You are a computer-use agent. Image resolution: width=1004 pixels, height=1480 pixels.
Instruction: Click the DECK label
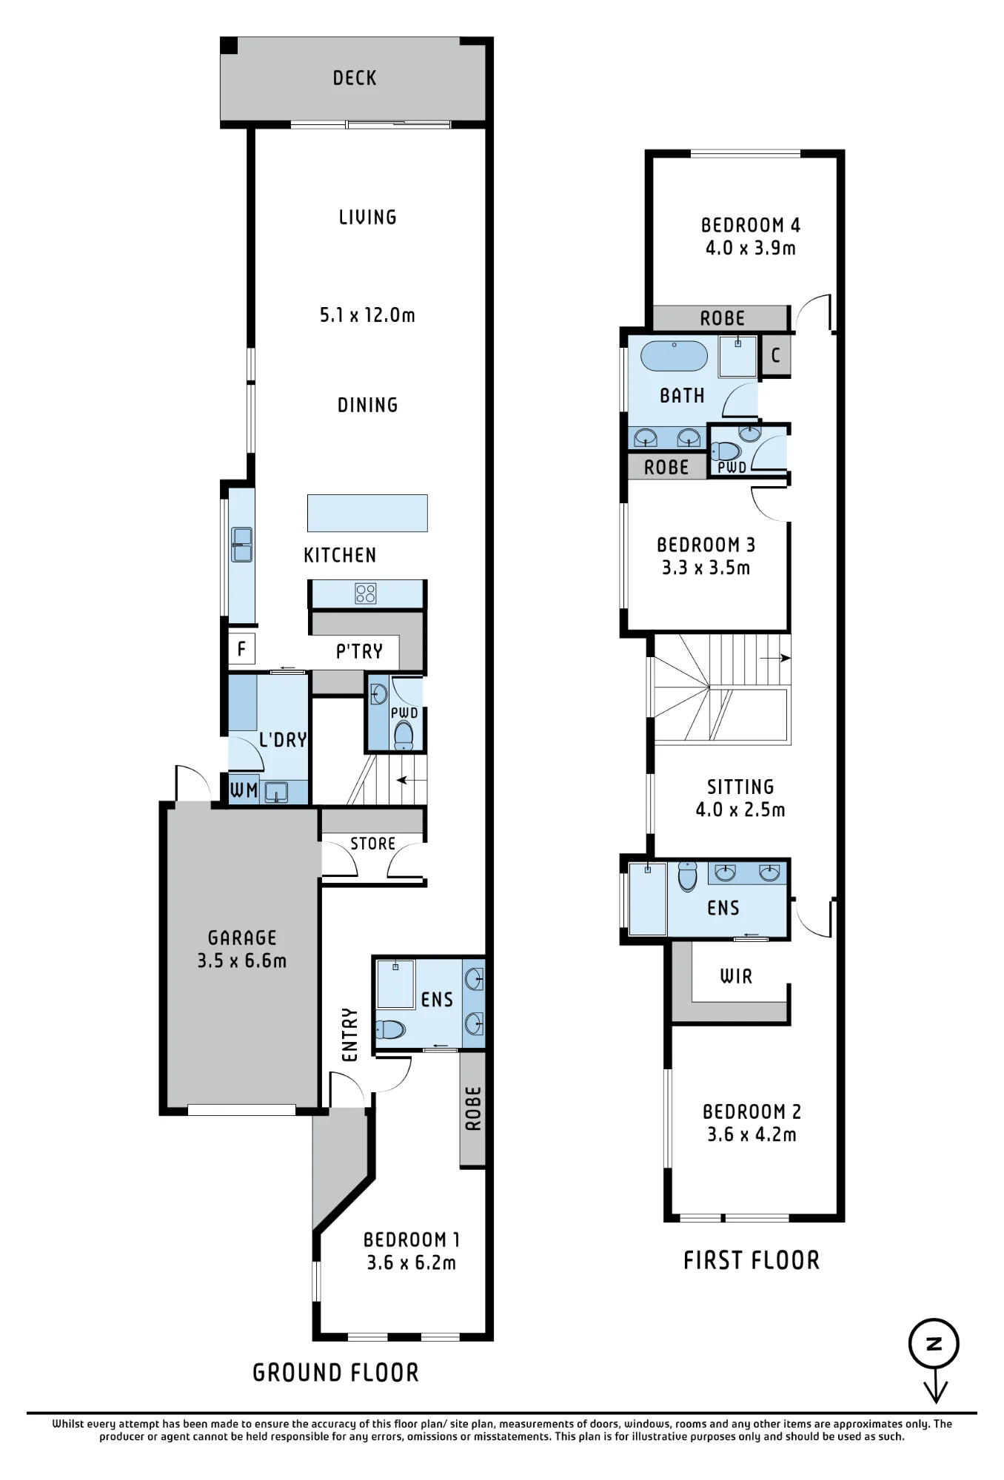coord(355,78)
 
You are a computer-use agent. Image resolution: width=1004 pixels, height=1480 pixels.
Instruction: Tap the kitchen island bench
coord(367,513)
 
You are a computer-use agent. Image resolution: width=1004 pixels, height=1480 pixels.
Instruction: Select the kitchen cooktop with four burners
coord(366,593)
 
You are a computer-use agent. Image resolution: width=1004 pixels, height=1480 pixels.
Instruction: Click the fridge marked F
coord(241,649)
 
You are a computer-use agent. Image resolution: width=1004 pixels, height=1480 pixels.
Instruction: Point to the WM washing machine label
coord(244,790)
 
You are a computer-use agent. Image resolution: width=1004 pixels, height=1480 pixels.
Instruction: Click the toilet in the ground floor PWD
coord(404,736)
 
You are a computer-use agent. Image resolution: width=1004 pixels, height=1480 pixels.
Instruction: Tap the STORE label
coord(373,844)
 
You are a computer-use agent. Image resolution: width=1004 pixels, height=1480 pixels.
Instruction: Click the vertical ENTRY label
coord(350,1034)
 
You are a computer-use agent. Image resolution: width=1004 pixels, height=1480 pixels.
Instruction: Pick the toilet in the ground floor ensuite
coord(390,1029)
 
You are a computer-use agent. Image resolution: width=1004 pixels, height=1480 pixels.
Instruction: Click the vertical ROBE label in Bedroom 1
coord(473,1109)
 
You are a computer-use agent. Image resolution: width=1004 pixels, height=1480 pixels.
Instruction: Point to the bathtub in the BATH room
coord(674,356)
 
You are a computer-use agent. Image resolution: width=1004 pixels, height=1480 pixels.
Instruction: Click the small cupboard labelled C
coord(776,355)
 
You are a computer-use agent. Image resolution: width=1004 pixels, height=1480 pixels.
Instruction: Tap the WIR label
coord(736,977)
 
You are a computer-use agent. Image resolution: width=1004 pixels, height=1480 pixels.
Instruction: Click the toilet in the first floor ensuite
coord(688,876)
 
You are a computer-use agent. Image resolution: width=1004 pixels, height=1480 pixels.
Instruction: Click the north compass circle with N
coord(934,1344)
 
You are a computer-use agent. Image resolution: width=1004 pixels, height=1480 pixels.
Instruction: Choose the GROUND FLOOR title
coord(336,1373)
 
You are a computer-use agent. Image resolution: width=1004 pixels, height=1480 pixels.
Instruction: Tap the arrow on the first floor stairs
coord(775,658)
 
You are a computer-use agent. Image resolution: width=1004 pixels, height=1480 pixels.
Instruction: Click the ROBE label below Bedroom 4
coord(723,318)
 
